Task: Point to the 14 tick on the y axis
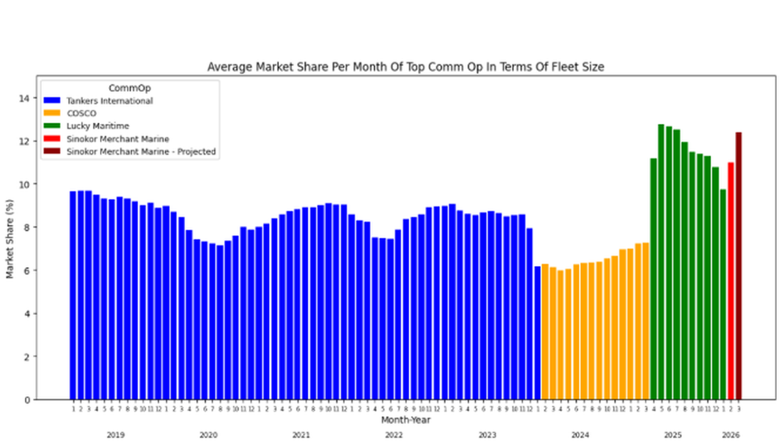pos(25,98)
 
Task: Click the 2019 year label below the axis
pos(116,434)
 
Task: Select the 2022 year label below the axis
pos(394,434)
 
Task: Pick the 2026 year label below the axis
pos(731,434)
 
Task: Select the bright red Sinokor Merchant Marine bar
pos(730,281)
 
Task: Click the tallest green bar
pos(661,261)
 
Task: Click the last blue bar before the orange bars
pos(537,333)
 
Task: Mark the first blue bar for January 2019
pos(73,295)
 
